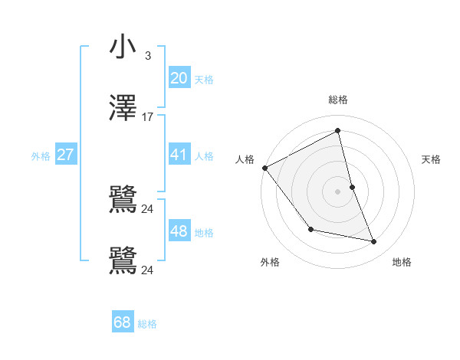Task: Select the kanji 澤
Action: tap(123, 108)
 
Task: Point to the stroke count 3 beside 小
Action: tap(147, 56)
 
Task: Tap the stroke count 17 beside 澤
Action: tap(147, 117)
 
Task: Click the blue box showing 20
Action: tap(179, 77)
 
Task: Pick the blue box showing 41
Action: tap(179, 155)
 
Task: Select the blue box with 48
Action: tap(179, 231)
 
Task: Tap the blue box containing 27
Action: tap(65, 155)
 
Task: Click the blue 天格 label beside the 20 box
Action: tap(204, 79)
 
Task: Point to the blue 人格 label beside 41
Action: tap(204, 156)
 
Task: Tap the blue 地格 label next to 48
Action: tap(204, 233)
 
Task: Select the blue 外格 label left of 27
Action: tap(41, 156)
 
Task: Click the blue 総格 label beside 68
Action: tap(147, 324)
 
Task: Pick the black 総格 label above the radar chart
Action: tap(338, 100)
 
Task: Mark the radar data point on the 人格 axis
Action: tap(264, 168)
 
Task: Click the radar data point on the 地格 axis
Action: tap(374, 242)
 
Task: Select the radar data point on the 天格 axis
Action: tap(352, 187)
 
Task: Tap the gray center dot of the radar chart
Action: tap(338, 191)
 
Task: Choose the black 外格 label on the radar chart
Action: tap(270, 262)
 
